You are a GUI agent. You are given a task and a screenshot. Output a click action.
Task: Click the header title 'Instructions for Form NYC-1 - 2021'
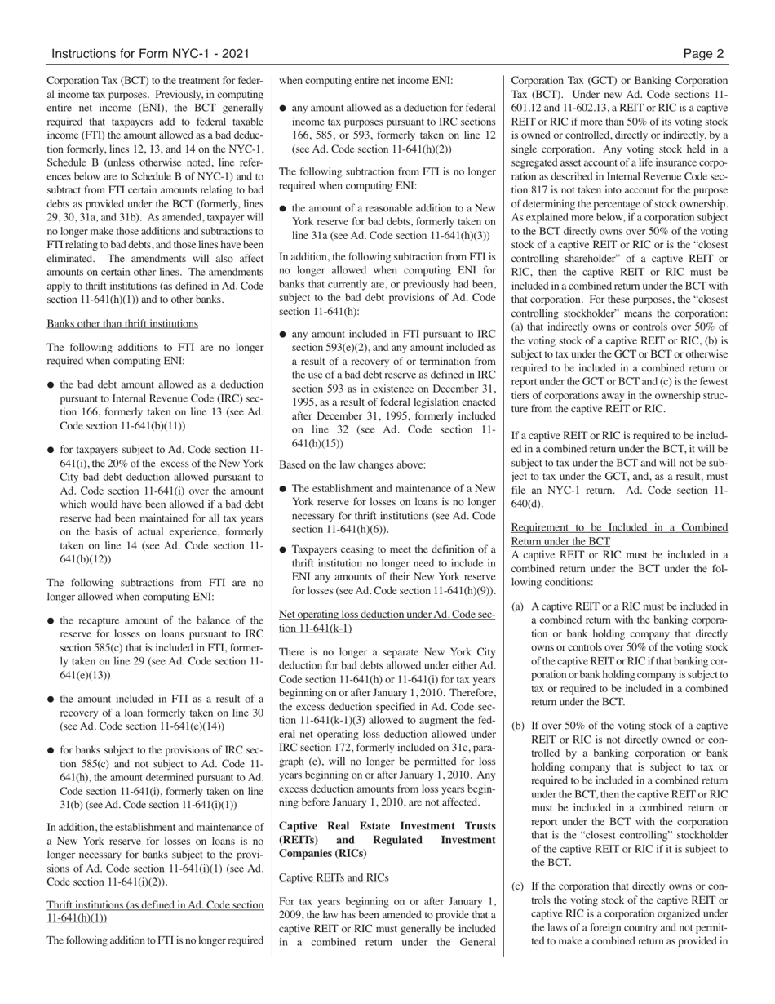click(x=150, y=54)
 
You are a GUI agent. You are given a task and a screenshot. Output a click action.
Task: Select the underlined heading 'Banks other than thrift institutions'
click(x=122, y=323)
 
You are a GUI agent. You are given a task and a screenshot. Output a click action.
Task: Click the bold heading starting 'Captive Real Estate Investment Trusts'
click(x=387, y=839)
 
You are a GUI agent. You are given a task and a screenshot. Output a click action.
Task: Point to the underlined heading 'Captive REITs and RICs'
click(x=334, y=877)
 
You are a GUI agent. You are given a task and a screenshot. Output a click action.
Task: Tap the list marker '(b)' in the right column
click(x=518, y=725)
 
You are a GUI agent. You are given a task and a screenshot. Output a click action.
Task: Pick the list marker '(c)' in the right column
click(x=518, y=886)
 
